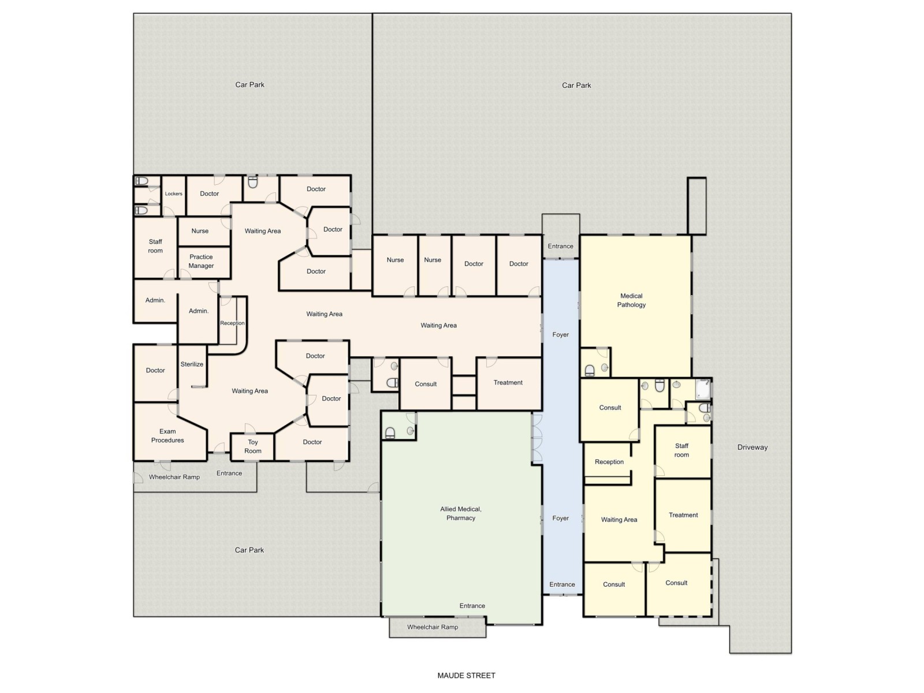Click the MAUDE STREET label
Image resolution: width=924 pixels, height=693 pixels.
pos(466,675)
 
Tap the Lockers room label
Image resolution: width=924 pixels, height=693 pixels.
pos(173,193)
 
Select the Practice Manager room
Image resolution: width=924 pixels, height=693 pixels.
pos(201,261)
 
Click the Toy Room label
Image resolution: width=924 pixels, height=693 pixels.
pos(252,446)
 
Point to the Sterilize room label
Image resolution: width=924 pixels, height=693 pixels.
pos(192,364)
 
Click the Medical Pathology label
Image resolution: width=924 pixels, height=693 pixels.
pos(631,300)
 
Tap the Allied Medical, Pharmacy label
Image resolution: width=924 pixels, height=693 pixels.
pos(461,513)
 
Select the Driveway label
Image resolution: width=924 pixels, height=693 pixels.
pos(752,447)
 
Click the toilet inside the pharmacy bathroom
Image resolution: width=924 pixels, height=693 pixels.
pos(390,433)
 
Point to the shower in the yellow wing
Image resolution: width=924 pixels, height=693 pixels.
pos(703,389)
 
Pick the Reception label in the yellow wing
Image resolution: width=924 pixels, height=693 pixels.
pos(609,462)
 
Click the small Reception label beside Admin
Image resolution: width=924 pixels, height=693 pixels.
pos(232,323)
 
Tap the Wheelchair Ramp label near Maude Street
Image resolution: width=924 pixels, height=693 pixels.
pos(433,627)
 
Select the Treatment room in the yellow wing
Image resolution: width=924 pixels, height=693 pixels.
pos(683,515)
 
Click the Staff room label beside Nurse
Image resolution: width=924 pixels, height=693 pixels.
pos(155,246)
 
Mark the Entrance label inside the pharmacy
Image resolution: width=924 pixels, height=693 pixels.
pos(472,606)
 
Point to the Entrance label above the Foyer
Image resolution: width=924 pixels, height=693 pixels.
pos(560,246)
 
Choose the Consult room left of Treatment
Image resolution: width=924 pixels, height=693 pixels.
pos(426,384)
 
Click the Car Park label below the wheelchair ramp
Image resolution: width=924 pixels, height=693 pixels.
pos(249,550)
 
